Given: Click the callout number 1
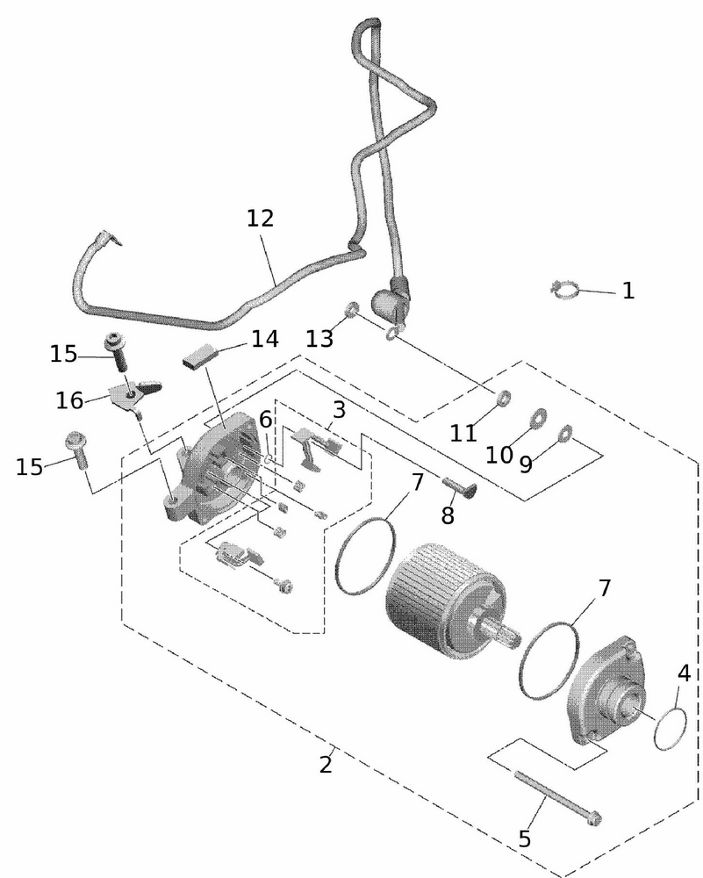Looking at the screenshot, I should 628,291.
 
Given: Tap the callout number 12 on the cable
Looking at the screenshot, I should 261,219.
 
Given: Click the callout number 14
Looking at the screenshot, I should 264,339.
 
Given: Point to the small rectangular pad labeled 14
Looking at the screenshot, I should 201,356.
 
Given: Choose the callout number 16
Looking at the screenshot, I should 70,400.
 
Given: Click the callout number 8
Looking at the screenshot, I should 448,515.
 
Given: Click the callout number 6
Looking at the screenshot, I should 265,421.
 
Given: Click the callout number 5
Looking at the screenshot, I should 525,838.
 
